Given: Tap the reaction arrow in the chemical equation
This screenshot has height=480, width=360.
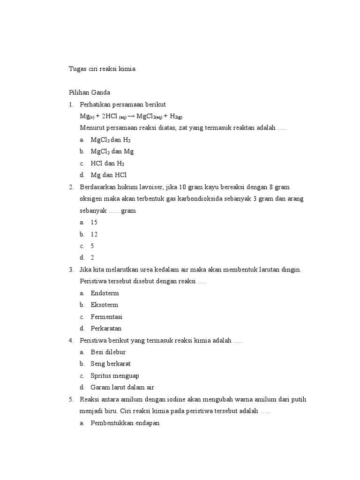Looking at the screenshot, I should coord(131,116).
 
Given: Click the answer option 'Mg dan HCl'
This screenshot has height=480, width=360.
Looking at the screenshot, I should coord(109,175).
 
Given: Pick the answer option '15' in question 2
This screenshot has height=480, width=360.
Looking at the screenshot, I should coord(94,222).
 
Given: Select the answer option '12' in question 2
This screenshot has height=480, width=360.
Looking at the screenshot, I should coord(94,234).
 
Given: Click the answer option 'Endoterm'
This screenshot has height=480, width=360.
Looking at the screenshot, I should coord(105,293).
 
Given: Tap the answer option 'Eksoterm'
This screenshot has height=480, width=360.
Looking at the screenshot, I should coord(105,305).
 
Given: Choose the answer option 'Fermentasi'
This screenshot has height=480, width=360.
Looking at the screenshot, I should coord(106,316).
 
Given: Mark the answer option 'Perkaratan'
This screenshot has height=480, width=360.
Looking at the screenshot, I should coord(106,328).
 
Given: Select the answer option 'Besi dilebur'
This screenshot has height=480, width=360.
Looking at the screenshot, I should coord(108,352).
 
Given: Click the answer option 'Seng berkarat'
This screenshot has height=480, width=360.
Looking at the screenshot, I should coord(111,363).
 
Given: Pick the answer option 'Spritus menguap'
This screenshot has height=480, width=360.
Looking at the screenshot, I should coord(115,375).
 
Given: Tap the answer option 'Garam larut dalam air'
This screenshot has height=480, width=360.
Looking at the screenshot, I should coord(122,387).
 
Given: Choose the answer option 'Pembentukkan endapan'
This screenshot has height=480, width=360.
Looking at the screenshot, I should coord(125,423).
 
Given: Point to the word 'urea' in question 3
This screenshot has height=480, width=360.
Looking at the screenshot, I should coord(142,270).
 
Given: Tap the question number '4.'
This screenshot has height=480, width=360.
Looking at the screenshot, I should coord(71,340).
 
